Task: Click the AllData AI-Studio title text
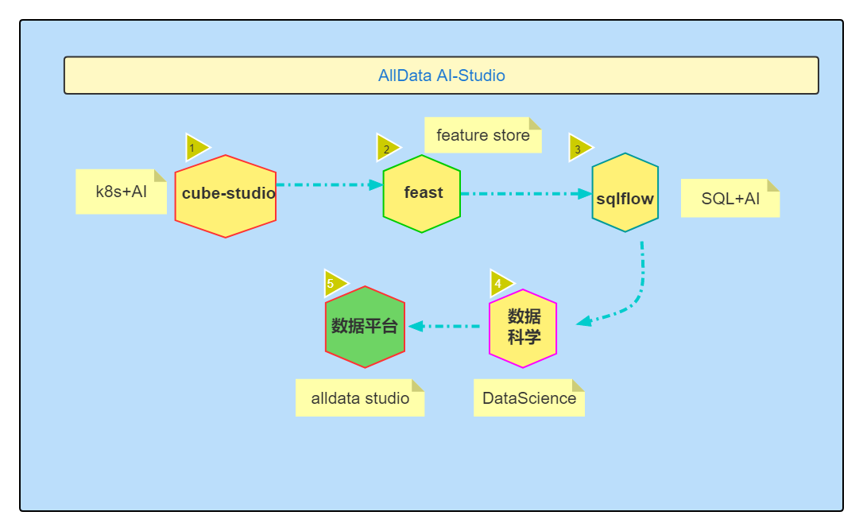pyautogui.click(x=441, y=76)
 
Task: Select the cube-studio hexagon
pyautogui.click(x=226, y=196)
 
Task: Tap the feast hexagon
pyautogui.click(x=422, y=193)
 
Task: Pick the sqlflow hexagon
pyautogui.click(x=625, y=193)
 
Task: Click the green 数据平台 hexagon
pyautogui.click(x=365, y=327)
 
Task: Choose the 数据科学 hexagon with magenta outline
pyautogui.click(x=523, y=328)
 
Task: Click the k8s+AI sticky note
pyautogui.click(x=121, y=192)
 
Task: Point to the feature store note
pyautogui.click(x=482, y=135)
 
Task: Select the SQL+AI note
pyautogui.click(x=729, y=198)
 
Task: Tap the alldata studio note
pyautogui.click(x=359, y=397)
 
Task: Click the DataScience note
pyautogui.click(x=528, y=397)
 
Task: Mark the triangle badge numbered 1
pyautogui.click(x=195, y=148)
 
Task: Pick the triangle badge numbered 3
pyautogui.click(x=579, y=148)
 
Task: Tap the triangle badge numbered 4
pyautogui.click(x=500, y=283)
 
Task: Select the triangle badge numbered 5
pyautogui.click(x=333, y=283)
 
